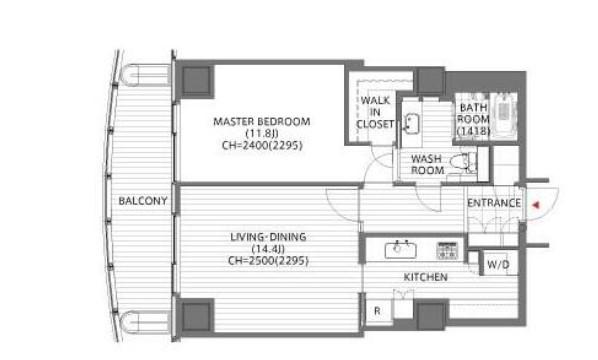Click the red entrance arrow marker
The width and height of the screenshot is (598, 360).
click(536, 205)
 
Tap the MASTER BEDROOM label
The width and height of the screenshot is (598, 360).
click(262, 122)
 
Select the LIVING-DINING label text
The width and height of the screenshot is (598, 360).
click(268, 237)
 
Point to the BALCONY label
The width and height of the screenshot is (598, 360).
click(143, 201)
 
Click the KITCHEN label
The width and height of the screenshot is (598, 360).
click(426, 277)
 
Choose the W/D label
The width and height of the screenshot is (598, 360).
click(498, 264)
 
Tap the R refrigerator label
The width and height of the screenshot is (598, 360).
click(377, 311)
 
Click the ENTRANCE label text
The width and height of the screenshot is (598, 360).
click(494, 203)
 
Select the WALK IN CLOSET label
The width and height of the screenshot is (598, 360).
click(375, 112)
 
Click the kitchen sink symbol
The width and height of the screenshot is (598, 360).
click(400, 249)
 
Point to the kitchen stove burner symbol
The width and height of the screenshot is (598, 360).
click(447, 251)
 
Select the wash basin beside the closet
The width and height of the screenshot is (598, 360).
click(411, 124)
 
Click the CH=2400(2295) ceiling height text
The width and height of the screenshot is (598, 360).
click(262, 145)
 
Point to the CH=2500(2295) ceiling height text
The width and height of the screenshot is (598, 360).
click(268, 261)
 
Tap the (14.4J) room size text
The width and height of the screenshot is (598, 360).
click(268, 249)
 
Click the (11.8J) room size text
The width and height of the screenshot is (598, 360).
click(262, 133)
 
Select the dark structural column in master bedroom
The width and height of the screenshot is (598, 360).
click(196, 81)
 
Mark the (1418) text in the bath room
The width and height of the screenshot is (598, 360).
click(473, 131)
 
